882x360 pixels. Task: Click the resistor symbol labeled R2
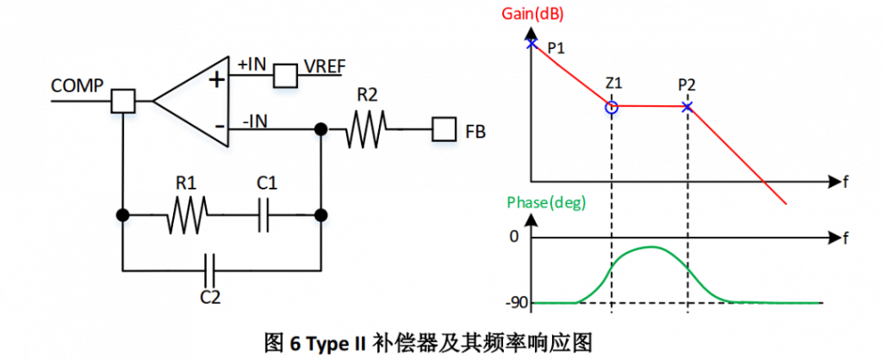point(367,130)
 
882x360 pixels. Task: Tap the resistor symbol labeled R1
point(188,214)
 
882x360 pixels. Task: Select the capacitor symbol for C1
point(265,214)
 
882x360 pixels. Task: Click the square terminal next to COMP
point(123,101)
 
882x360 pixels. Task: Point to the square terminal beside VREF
point(285,76)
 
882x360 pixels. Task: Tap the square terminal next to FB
point(444,130)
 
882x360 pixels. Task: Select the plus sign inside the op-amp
point(217,80)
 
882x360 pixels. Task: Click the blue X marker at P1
point(531,43)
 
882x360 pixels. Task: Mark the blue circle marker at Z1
point(612,108)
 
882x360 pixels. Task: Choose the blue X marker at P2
point(687,107)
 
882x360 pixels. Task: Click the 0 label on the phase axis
point(514,235)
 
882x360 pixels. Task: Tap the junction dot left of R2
point(320,130)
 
